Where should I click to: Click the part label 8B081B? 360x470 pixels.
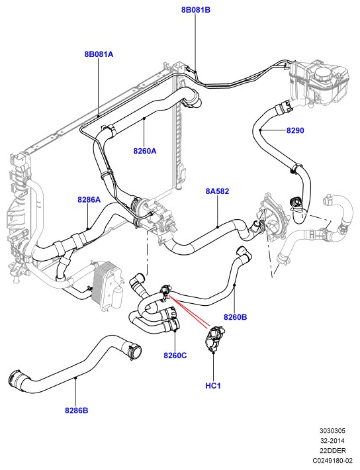click(196, 10)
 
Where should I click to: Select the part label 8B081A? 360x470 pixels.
click(99, 54)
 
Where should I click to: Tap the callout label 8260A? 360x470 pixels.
click(145, 151)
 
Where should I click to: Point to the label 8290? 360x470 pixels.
click(295, 130)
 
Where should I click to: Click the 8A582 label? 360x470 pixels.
click(217, 191)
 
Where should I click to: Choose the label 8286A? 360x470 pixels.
click(89, 199)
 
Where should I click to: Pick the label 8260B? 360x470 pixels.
click(236, 317)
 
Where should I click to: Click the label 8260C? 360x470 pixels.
click(175, 355)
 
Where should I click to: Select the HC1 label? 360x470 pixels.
click(213, 385)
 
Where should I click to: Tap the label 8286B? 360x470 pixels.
click(77, 410)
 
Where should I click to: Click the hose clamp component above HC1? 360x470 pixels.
click(214, 338)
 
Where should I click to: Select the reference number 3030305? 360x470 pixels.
click(332, 431)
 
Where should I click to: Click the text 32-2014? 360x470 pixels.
click(332, 441)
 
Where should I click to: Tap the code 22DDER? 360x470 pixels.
click(332, 450)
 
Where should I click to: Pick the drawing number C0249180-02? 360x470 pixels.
click(332, 460)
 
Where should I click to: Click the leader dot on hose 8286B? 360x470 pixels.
click(76, 379)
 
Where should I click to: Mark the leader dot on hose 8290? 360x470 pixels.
click(261, 130)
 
